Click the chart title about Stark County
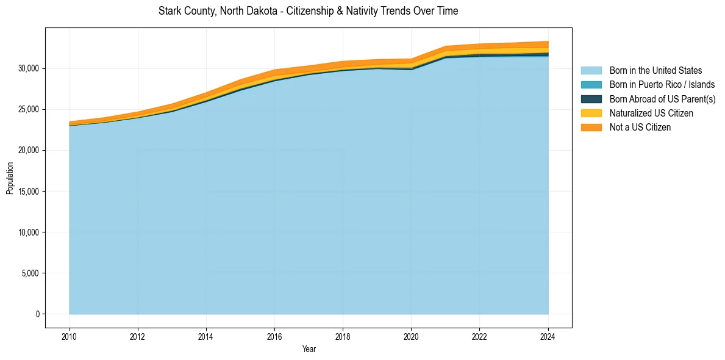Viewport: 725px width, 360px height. point(308,11)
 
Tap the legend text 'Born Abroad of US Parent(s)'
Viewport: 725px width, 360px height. point(662,99)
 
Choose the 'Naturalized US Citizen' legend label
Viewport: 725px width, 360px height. point(651,113)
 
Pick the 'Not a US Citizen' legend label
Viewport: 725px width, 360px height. point(640,128)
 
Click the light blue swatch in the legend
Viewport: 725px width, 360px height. point(591,71)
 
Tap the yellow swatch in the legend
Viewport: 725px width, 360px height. point(591,113)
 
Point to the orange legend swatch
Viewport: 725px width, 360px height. point(591,128)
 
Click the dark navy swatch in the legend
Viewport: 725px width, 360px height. point(591,99)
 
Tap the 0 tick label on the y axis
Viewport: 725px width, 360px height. point(37,314)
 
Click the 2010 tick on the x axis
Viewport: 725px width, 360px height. point(70,336)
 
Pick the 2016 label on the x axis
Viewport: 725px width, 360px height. point(274,336)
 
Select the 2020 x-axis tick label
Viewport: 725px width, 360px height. point(412,336)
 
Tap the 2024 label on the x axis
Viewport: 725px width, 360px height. point(548,336)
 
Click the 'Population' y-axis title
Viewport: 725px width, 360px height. point(10,178)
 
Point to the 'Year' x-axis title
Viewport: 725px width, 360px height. point(309,349)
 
